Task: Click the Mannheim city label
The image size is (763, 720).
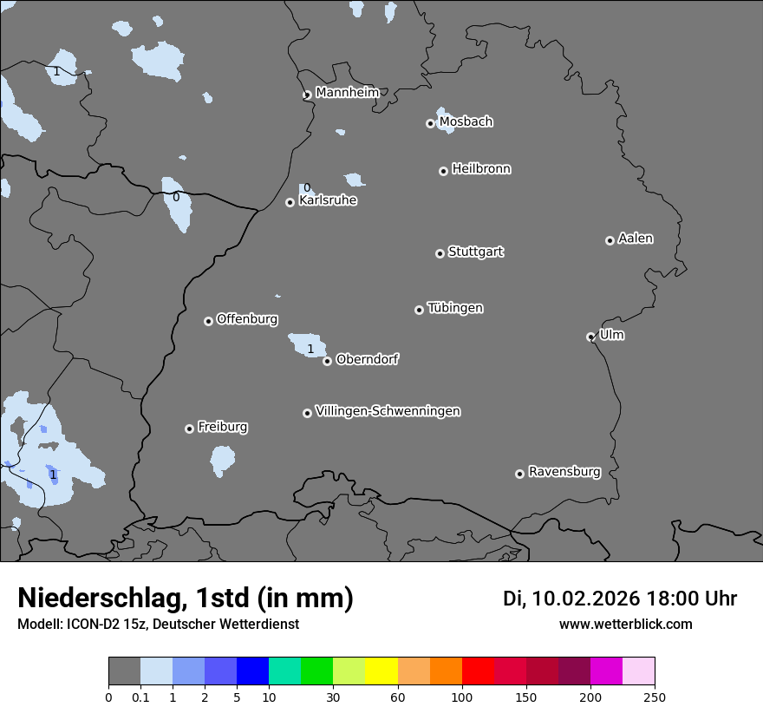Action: click(347, 92)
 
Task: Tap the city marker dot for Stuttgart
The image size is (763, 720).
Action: click(440, 253)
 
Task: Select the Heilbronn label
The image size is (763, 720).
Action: click(481, 168)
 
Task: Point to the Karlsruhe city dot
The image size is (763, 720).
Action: click(290, 202)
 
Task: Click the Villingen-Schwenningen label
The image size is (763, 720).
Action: click(388, 410)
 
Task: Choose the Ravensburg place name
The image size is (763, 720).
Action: click(564, 471)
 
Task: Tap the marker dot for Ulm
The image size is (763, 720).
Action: click(590, 337)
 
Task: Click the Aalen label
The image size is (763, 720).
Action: click(636, 238)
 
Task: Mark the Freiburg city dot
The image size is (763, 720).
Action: click(189, 429)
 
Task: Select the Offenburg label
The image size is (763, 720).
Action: click(247, 318)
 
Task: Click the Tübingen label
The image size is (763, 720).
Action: click(455, 307)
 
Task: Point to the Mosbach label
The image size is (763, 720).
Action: click(466, 121)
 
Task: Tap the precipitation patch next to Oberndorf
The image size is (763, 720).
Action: click(305, 344)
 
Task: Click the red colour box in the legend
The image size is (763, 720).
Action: click(478, 671)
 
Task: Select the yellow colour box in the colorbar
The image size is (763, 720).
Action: click(381, 671)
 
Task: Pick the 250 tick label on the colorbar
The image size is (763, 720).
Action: click(655, 697)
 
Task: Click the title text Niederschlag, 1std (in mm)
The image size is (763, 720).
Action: click(186, 598)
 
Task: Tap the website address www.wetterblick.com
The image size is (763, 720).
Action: click(625, 624)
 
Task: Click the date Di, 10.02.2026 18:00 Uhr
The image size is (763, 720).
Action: click(620, 599)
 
